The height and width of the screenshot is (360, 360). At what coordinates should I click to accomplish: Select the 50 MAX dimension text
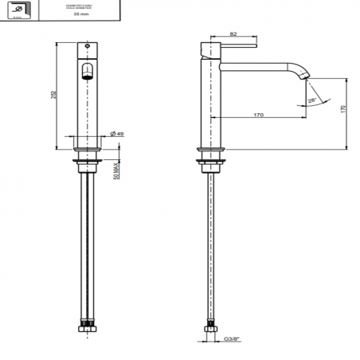(x=117, y=170)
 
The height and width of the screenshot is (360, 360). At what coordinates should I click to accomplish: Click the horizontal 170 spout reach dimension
(x=258, y=115)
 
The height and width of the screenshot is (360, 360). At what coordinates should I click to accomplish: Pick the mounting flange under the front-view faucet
(x=88, y=151)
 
